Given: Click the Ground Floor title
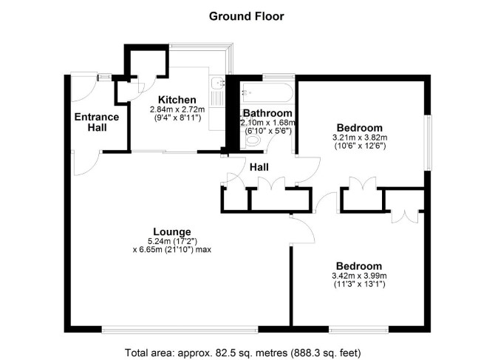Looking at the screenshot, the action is (247, 16).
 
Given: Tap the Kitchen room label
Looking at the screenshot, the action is (177, 100).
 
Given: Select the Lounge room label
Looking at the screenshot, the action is (172, 232).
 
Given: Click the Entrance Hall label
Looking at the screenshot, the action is (97, 122).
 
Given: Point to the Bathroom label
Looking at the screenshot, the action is (267, 113).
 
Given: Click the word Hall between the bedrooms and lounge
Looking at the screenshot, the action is (259, 167).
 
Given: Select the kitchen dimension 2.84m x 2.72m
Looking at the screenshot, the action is (177, 110).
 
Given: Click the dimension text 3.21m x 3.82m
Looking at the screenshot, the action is (360, 137).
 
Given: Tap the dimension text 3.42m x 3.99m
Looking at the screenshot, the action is (359, 276).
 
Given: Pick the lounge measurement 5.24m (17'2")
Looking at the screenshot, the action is (172, 242).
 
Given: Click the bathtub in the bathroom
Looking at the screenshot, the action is (267, 92).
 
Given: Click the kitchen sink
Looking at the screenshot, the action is (217, 83).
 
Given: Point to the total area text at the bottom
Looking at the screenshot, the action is (243, 353).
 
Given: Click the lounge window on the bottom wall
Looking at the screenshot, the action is (180, 330).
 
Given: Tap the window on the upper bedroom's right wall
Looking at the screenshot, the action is (428, 143).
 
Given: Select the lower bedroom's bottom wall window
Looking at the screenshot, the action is (358, 330).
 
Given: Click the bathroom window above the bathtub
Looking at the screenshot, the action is (279, 76).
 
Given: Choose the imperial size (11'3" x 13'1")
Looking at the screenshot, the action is (359, 284).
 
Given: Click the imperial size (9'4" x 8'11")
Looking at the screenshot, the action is (177, 118).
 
